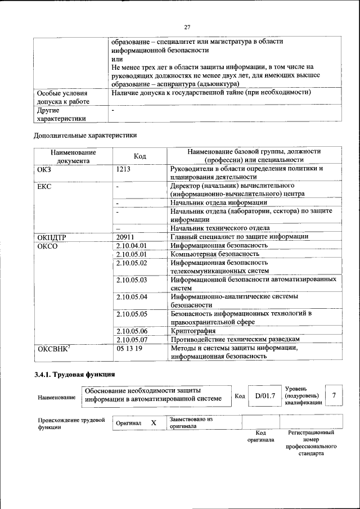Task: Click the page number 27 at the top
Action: pos(188,26)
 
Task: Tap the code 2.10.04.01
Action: pos(131,246)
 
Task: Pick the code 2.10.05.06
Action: pos(131,331)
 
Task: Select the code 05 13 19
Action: pos(129,349)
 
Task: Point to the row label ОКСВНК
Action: pos(53,349)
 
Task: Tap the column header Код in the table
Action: pos(140,156)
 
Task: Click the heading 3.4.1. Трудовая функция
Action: pos(74,374)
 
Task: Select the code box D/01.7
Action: pos(264,395)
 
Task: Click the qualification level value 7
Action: pos(334,395)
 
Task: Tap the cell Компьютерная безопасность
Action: pos(215,254)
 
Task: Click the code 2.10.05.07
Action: pos(131,340)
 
